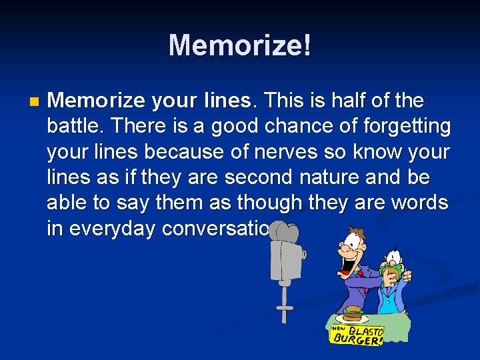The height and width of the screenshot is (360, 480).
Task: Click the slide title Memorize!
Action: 239,45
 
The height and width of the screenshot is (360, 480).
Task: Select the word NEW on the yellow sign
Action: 339,328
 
